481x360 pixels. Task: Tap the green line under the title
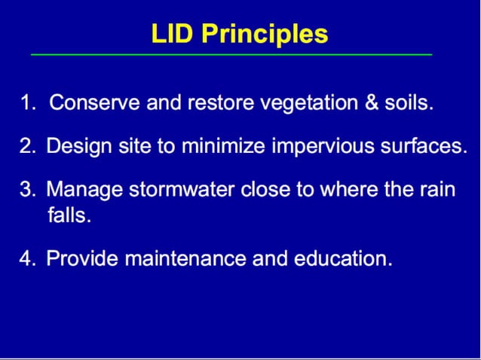tap(231, 55)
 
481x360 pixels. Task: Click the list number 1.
tap(27, 103)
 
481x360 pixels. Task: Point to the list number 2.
tap(27, 146)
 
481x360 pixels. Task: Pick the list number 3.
tap(27, 189)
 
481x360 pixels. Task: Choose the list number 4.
tap(27, 259)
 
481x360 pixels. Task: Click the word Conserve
tap(87, 103)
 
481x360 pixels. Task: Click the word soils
tap(409, 103)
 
